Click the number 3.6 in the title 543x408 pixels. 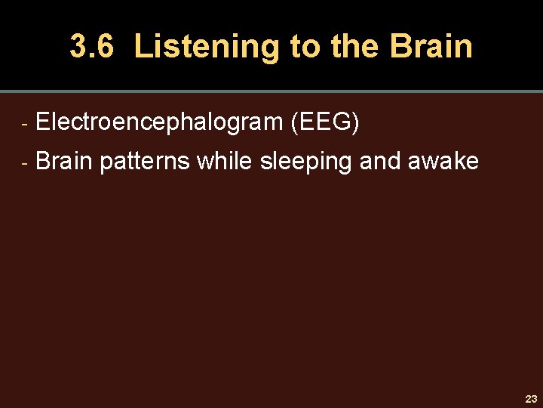(91, 47)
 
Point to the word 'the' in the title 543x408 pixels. (354, 47)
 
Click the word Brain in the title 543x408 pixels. (431, 47)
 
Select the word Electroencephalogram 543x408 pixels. (159, 122)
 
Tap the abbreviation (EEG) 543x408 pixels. (324, 122)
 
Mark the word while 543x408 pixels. (225, 161)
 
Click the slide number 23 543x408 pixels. (531, 399)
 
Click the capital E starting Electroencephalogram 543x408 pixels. (42, 122)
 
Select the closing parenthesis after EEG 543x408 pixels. (354, 122)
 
